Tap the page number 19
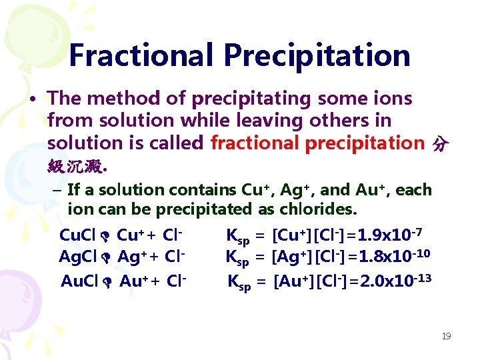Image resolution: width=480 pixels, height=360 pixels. click(x=446, y=336)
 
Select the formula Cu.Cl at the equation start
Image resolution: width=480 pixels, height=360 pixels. click(x=77, y=235)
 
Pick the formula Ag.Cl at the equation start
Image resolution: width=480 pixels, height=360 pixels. click(x=77, y=257)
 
